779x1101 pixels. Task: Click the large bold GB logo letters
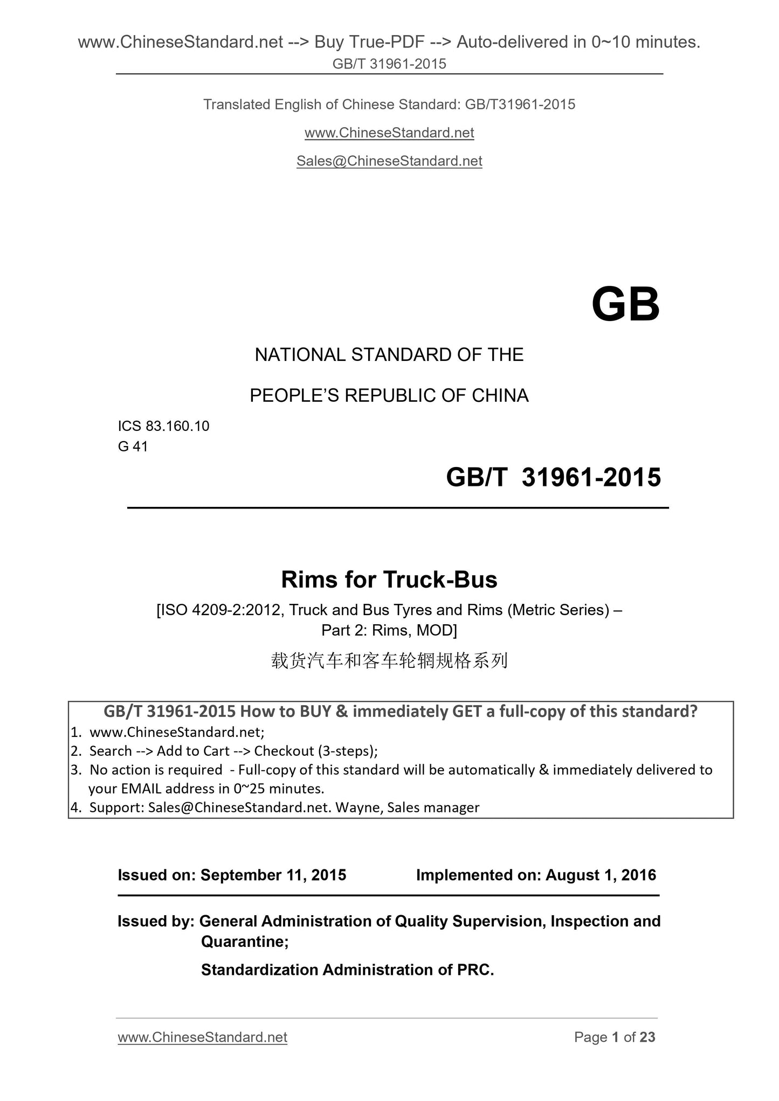coord(625,305)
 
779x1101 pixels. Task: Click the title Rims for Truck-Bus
coord(389,580)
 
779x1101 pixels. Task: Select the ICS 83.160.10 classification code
coord(163,426)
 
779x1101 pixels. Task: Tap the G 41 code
coord(133,447)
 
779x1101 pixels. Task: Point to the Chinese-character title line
coord(389,660)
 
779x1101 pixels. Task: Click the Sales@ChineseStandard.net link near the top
coord(389,161)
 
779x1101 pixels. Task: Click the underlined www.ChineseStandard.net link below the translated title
coord(389,133)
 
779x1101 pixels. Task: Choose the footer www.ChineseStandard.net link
coord(202,1037)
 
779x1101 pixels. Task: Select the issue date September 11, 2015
coord(273,875)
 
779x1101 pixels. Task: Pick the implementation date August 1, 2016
coord(601,875)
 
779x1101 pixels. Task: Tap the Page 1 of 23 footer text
coord(615,1037)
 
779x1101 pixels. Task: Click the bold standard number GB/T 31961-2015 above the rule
coord(553,478)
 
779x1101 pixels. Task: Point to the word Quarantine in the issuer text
coord(244,941)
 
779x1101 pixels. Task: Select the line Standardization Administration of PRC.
coord(347,970)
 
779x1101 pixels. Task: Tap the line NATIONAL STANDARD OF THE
coord(389,355)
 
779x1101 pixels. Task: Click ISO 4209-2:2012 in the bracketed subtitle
coord(219,610)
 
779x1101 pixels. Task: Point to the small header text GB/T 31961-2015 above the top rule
coord(389,64)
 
